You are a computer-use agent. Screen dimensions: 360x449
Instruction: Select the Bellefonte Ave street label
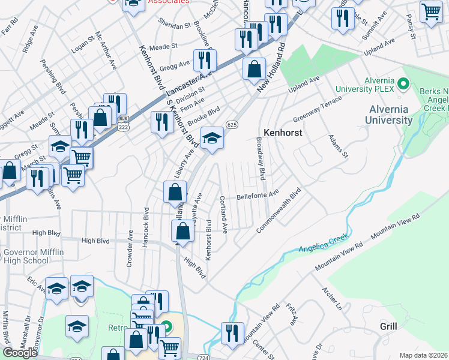[x=258, y=194]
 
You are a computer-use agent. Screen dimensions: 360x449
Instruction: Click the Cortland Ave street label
[x=223, y=214]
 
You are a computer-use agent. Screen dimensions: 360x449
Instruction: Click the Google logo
[x=20, y=352]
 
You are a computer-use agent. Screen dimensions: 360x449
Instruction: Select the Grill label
[x=388, y=326]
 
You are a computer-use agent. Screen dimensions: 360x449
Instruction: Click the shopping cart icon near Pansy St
[x=431, y=12]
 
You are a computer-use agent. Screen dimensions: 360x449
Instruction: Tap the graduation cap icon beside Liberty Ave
[x=211, y=139]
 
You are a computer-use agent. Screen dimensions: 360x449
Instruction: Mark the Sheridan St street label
[x=174, y=26]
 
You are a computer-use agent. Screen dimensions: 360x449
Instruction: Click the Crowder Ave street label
[x=129, y=251]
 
